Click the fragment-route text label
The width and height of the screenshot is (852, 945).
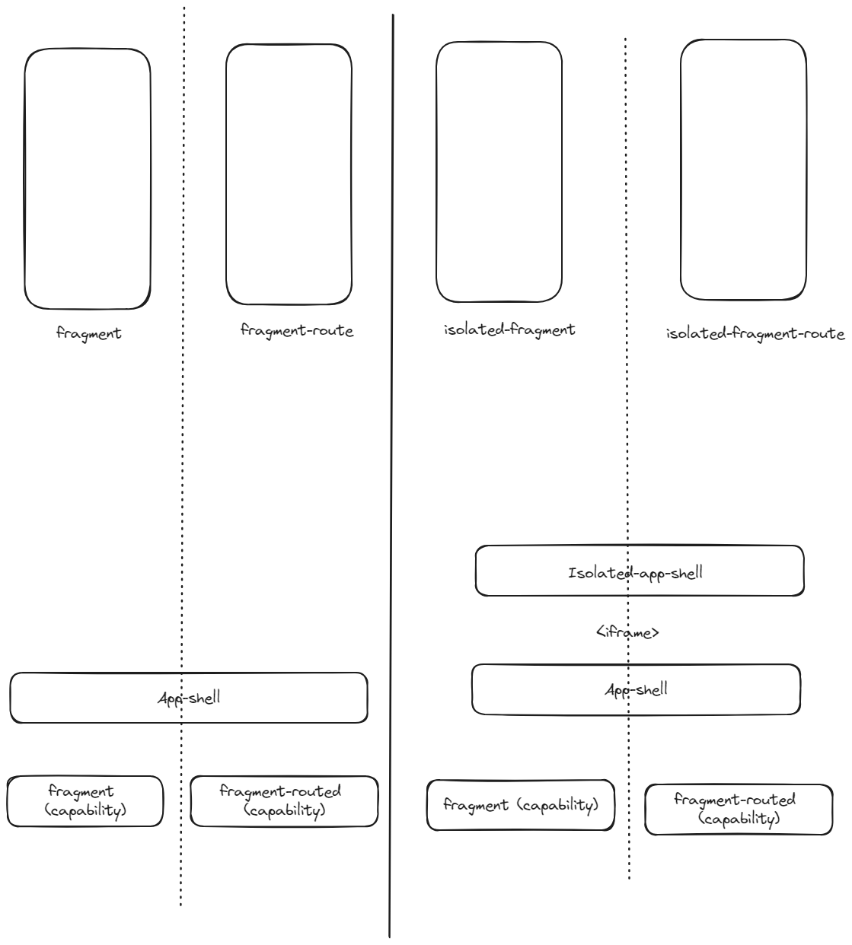point(297,331)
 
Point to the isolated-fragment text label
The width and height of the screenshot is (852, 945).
point(509,329)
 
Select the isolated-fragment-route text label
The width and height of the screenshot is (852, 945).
point(755,334)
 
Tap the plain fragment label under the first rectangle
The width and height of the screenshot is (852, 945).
point(88,333)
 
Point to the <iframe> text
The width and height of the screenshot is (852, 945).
point(627,632)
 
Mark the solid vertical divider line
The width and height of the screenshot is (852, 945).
point(391,476)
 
